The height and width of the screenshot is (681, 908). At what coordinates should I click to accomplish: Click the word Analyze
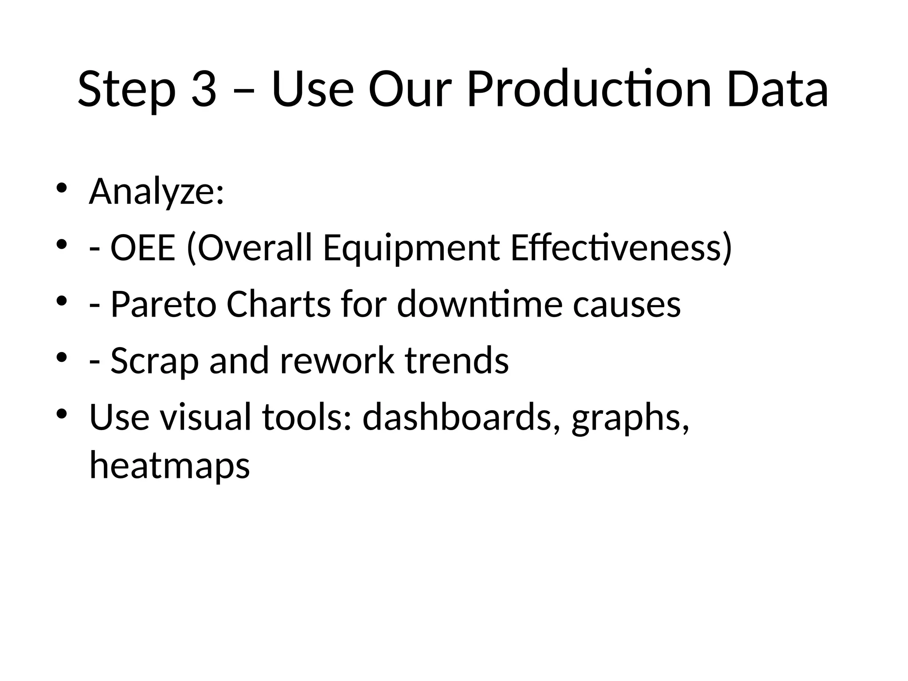click(x=157, y=192)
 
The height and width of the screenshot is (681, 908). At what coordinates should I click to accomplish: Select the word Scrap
click(x=154, y=361)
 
